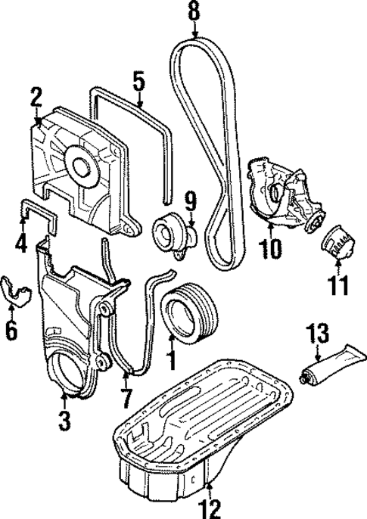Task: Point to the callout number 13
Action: [x=319, y=332]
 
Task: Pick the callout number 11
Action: [x=338, y=286]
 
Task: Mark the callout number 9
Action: [x=190, y=201]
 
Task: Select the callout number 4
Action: [x=20, y=244]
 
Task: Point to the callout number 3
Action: [x=64, y=417]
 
